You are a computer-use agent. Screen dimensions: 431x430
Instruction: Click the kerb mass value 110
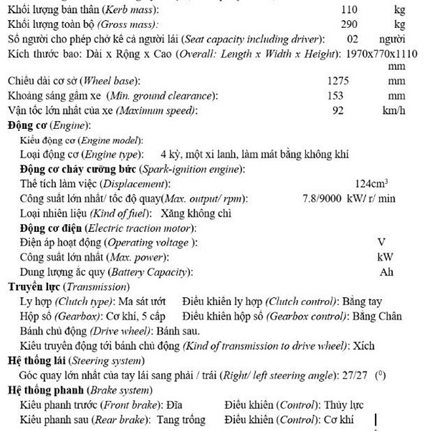click(x=348, y=11)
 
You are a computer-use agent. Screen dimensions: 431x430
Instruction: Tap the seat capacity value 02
click(x=352, y=39)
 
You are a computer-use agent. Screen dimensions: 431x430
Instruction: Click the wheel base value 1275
click(x=338, y=82)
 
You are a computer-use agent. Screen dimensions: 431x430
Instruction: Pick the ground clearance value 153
click(x=335, y=96)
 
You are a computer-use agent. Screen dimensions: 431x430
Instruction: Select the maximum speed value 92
click(x=338, y=110)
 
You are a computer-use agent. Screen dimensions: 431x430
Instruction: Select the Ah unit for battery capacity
click(x=386, y=272)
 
